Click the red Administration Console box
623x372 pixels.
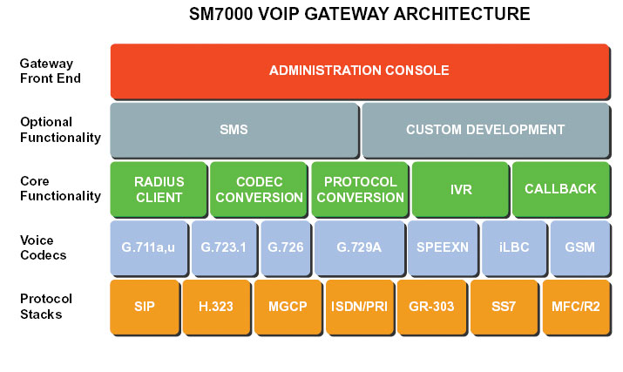click(360, 71)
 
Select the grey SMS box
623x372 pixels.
click(234, 130)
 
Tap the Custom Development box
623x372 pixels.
click(485, 130)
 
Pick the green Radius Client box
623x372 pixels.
click(159, 189)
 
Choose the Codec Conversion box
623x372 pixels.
click(259, 189)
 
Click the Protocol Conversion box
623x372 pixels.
click(360, 189)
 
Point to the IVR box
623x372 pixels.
click(460, 189)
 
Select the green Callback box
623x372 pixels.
click(561, 189)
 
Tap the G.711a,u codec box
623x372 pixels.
click(149, 248)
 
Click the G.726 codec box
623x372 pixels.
click(286, 248)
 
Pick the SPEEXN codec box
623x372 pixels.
click(443, 248)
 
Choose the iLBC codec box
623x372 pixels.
click(514, 248)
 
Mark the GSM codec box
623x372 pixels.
click(580, 248)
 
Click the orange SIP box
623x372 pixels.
click(145, 307)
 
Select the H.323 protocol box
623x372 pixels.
click(217, 307)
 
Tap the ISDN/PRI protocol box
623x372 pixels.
click(360, 307)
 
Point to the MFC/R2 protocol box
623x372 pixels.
click(576, 307)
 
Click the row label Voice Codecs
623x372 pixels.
click(43, 247)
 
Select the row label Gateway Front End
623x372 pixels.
click(50, 71)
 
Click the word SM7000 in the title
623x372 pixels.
click(221, 14)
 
